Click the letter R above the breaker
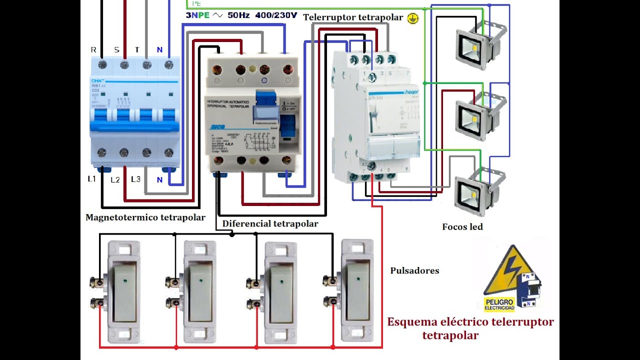click(x=93, y=49)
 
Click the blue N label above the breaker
click(x=159, y=49)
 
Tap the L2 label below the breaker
click(x=115, y=179)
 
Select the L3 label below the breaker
click(x=136, y=179)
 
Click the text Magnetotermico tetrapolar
click(x=145, y=217)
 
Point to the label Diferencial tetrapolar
click(x=270, y=223)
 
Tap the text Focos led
click(x=462, y=227)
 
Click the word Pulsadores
click(x=414, y=270)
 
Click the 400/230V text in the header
click(x=276, y=15)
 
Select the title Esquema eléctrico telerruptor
click(x=470, y=321)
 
